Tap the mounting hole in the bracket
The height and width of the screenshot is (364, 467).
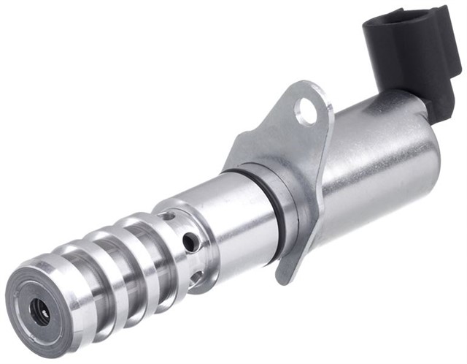[306, 110]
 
